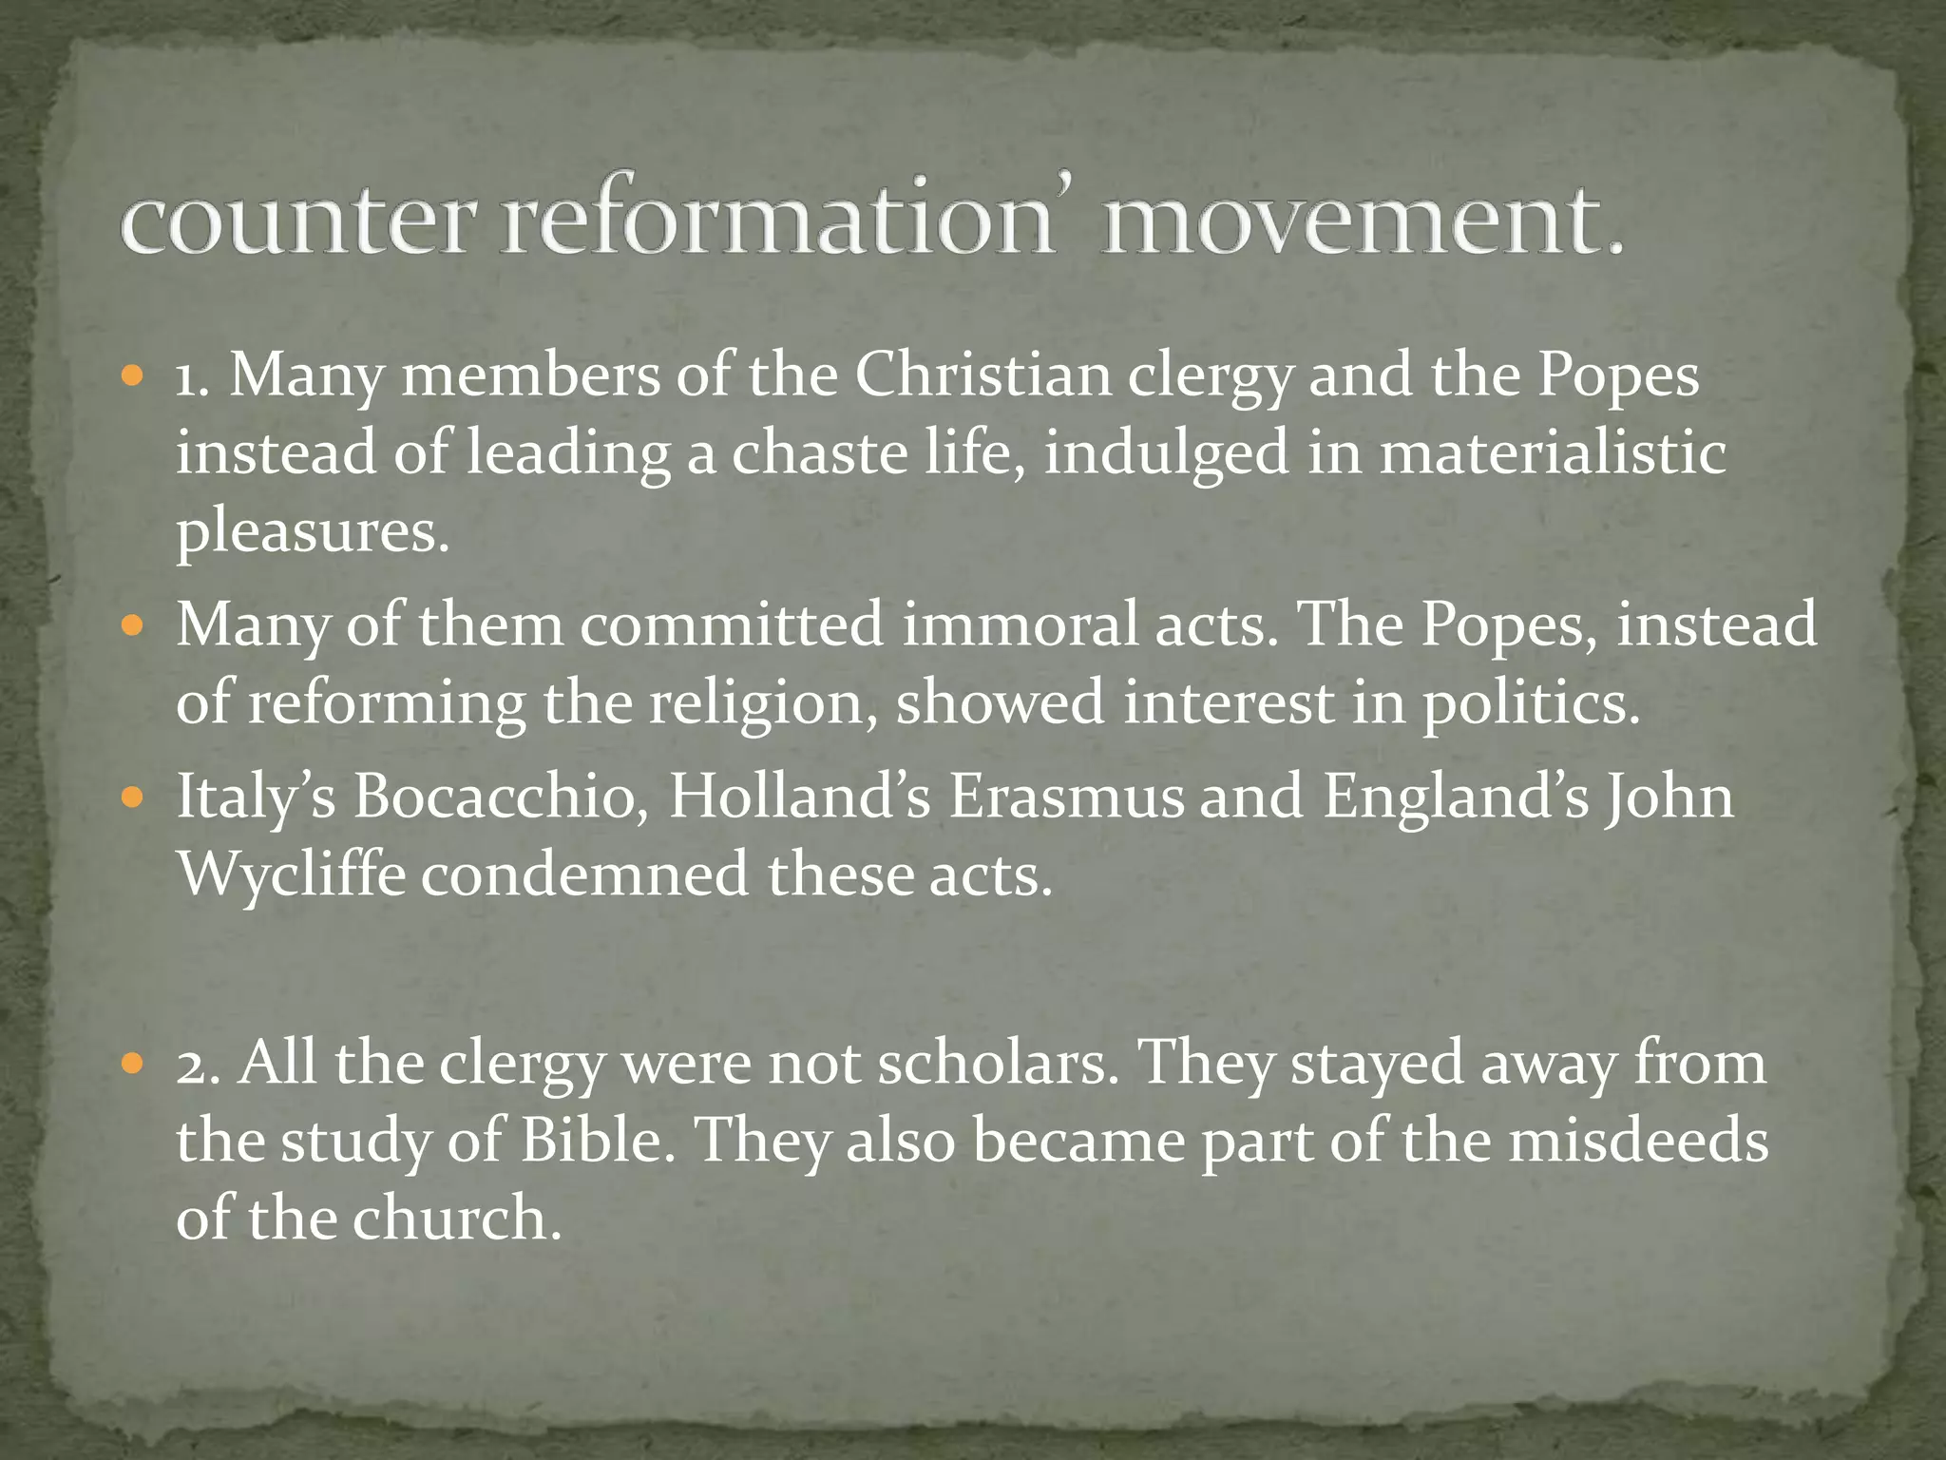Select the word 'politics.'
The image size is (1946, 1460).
point(1531,703)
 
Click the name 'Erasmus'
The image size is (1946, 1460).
point(1067,797)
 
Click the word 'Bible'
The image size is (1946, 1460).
point(598,1141)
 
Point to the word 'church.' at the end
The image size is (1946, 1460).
point(457,1219)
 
